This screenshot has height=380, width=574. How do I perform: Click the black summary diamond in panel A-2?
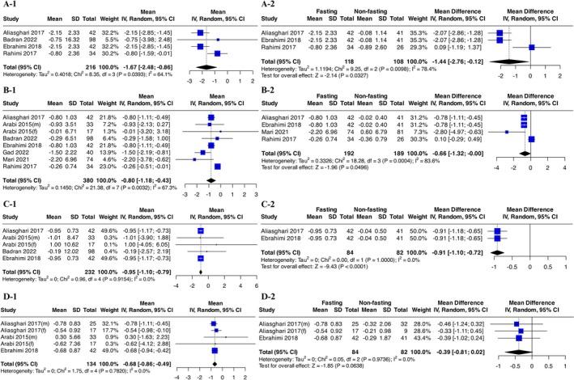click(509, 83)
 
